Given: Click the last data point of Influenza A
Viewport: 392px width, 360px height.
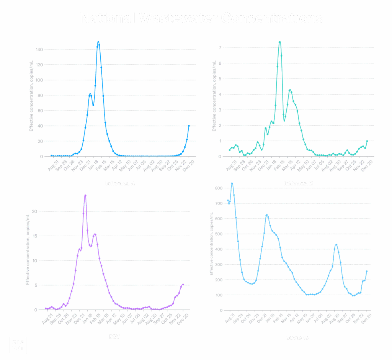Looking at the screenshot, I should (189, 126).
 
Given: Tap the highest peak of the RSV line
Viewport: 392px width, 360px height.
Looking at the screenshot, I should (85, 195).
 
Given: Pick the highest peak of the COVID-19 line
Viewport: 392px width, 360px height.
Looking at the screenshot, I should (232, 183).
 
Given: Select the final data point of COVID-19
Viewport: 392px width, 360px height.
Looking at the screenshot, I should (366, 271).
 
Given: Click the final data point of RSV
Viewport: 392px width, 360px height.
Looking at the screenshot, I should (183, 285).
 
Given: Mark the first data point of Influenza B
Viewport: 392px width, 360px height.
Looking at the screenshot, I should (230, 150).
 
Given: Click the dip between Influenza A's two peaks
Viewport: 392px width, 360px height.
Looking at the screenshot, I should (93, 105).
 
